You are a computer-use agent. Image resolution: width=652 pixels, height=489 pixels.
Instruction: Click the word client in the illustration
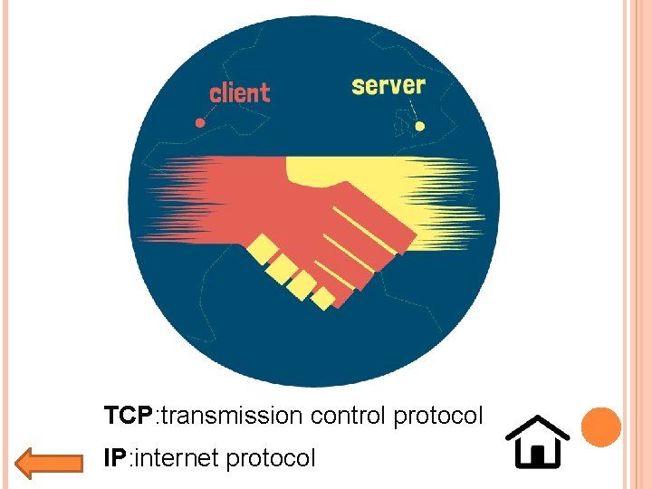pyautogui.click(x=239, y=92)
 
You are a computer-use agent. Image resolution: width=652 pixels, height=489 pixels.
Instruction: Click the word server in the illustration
pyautogui.click(x=388, y=86)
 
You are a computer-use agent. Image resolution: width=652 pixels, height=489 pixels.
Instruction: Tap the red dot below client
pyautogui.click(x=200, y=122)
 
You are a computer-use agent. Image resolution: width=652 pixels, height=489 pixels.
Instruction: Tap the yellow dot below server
pyautogui.click(x=418, y=127)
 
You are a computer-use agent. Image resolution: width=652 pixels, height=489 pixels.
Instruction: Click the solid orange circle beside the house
pyautogui.click(x=600, y=427)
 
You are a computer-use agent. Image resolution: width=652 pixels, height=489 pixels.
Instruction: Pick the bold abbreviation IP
pyautogui.click(x=114, y=458)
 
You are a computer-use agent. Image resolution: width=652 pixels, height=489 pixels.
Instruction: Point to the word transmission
pyautogui.click(x=233, y=416)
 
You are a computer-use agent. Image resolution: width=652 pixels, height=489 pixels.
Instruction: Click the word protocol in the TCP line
pyautogui.click(x=438, y=417)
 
